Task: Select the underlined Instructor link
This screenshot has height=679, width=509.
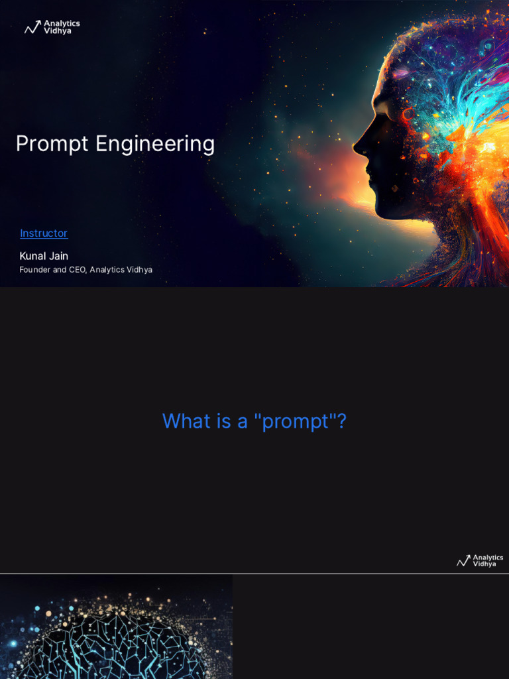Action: pos(44,233)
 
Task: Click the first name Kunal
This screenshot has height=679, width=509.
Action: pos(32,256)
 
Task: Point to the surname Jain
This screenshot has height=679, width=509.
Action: pos(58,256)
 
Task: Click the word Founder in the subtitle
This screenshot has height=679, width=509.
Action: pos(34,270)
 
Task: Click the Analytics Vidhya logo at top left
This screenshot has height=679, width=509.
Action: pos(52,27)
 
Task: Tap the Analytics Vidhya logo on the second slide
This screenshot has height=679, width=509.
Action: pos(480,561)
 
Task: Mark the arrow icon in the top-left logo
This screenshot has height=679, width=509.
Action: pos(32,28)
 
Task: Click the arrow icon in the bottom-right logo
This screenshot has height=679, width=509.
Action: pos(463,562)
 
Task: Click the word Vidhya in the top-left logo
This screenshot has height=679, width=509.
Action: pos(58,31)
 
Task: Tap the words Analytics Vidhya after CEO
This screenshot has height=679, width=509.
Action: pos(121,270)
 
